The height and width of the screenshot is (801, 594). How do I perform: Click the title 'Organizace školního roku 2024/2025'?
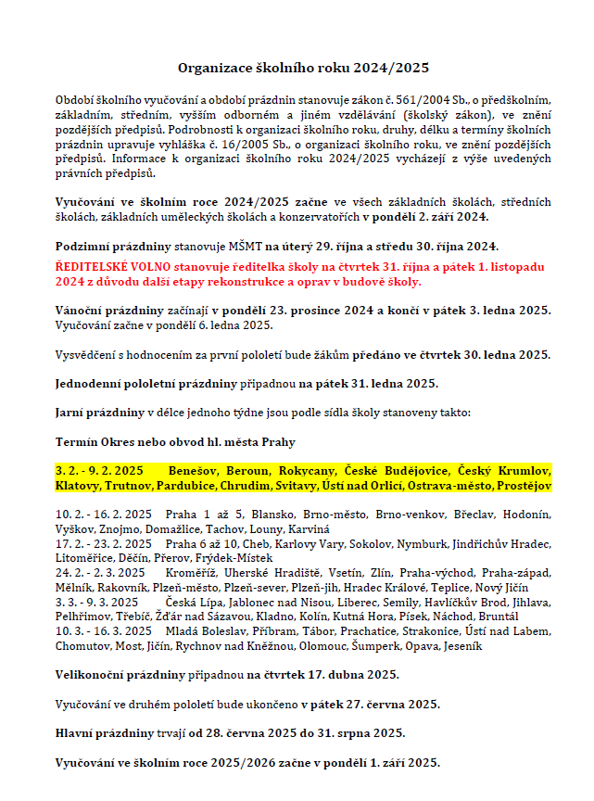[303, 68]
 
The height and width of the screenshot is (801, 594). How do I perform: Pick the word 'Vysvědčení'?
[85, 354]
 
